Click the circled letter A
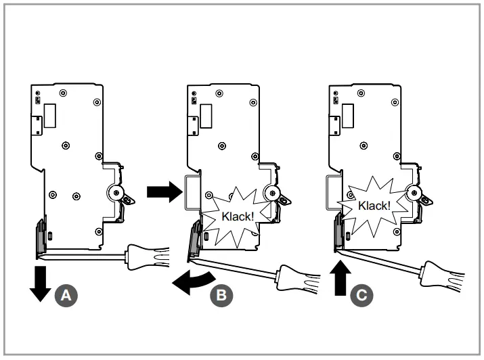pos(66,294)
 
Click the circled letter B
pos(221,294)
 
